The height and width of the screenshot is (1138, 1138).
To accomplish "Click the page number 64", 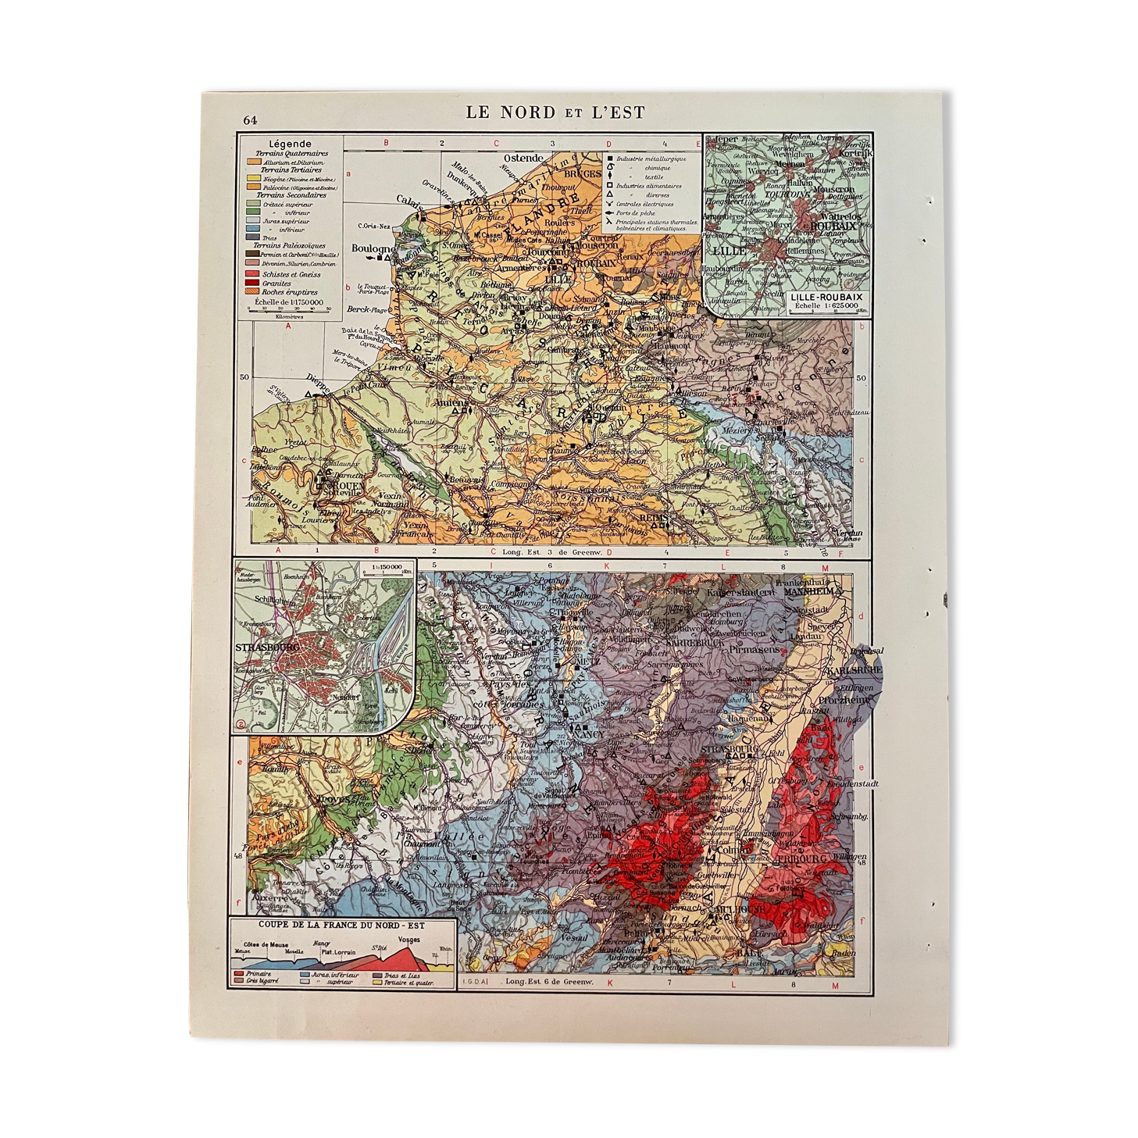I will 249,120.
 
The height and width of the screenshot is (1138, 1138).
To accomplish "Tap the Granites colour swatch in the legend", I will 252,284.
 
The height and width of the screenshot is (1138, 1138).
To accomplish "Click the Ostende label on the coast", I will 523,159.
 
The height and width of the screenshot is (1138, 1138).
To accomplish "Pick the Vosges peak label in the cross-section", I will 408,940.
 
